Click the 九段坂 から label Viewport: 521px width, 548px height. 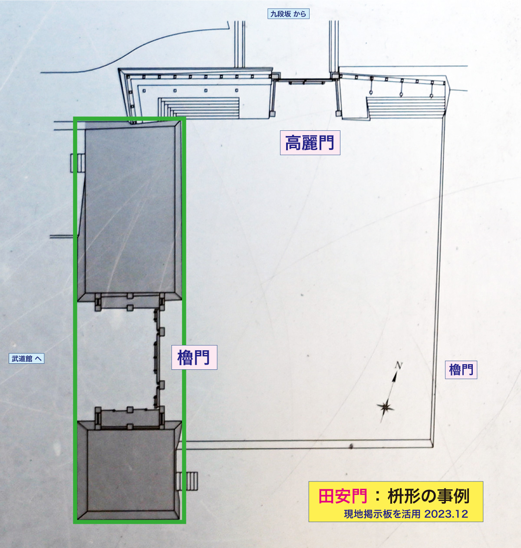click(x=288, y=14)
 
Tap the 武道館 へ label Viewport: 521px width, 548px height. click(x=26, y=359)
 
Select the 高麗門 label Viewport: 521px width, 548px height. click(x=310, y=143)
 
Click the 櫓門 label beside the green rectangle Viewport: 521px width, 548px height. click(x=194, y=357)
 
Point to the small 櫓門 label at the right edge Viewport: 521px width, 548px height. click(x=461, y=370)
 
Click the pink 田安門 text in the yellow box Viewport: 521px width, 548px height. click(x=343, y=496)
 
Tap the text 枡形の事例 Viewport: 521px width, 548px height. click(x=428, y=496)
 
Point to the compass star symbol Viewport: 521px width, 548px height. click(x=385, y=407)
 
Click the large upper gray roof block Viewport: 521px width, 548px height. click(x=130, y=209)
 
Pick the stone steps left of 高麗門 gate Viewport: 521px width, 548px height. click(x=199, y=107)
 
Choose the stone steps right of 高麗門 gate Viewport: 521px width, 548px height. click(x=406, y=106)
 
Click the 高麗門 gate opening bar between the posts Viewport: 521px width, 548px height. click(x=304, y=81)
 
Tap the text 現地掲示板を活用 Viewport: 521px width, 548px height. click(x=382, y=514)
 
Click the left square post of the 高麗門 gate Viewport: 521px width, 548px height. click(x=274, y=76)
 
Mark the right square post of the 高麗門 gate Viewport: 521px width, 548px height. click(x=335, y=76)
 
